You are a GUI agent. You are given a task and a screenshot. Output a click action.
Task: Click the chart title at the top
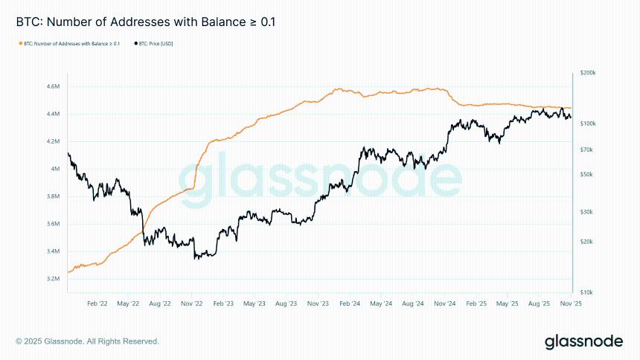pyautogui.click(x=145, y=22)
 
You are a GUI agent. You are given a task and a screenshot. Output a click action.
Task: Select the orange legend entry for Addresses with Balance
pyautogui.click(x=69, y=44)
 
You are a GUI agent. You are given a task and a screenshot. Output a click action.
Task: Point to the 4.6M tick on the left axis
pyautogui.click(x=53, y=86)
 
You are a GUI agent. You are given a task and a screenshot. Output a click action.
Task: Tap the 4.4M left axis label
pyautogui.click(x=53, y=114)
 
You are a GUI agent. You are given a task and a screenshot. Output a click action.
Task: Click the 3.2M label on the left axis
pyautogui.click(x=53, y=279)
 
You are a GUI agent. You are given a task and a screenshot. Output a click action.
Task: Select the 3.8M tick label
pyautogui.click(x=53, y=196)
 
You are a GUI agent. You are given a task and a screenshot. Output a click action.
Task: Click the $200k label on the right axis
pyautogui.click(x=587, y=73)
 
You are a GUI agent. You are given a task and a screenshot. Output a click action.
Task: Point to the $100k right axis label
pyautogui.click(x=587, y=123)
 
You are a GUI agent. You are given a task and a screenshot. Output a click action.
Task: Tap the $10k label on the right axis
pyautogui.click(x=586, y=292)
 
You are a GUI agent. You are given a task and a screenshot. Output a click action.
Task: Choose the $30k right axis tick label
pyautogui.click(x=586, y=212)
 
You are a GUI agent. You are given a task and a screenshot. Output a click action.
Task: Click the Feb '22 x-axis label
pyautogui.click(x=97, y=303)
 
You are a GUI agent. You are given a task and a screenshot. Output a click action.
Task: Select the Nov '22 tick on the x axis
pyautogui.click(x=192, y=303)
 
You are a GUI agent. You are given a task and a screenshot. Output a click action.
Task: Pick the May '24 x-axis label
pyautogui.click(x=380, y=303)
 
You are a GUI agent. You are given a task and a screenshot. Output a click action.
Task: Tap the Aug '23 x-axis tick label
pyautogui.click(x=287, y=303)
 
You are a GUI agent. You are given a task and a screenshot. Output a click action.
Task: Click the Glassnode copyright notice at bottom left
pyautogui.click(x=87, y=341)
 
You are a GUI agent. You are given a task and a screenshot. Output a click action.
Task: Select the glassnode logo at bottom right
pyautogui.click(x=583, y=341)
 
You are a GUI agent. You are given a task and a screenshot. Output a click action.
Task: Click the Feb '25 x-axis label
pyautogui.click(x=475, y=303)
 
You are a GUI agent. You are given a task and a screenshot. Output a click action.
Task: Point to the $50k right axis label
pyautogui.click(x=586, y=174)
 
